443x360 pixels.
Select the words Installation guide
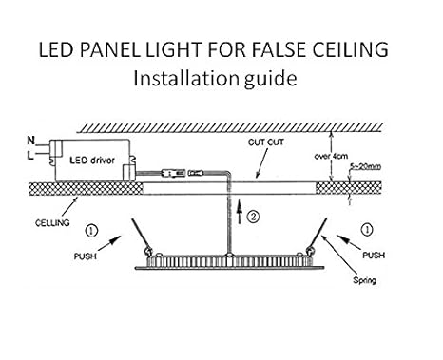(221, 79)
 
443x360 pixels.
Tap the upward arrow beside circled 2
(240, 211)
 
